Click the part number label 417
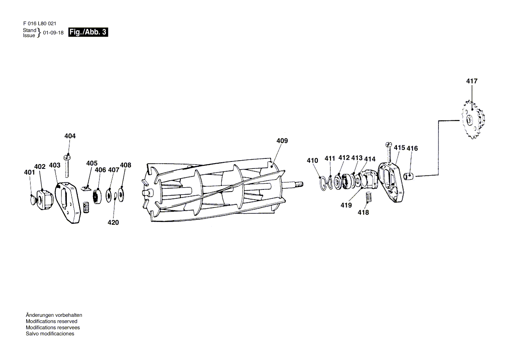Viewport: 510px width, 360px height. [x=472, y=81]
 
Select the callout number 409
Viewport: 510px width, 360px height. [x=282, y=141]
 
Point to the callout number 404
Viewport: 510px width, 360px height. [x=70, y=136]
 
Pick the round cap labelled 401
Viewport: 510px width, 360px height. [x=33, y=200]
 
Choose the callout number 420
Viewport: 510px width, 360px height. [x=113, y=223]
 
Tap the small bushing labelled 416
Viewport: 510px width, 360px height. [x=410, y=177]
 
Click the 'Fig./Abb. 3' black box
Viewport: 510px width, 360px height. [x=88, y=32]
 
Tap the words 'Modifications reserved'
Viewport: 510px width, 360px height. [x=52, y=321]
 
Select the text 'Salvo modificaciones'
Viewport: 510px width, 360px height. [x=50, y=333]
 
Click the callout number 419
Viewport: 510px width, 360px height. [x=346, y=205]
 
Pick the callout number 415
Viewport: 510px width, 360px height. [x=400, y=148]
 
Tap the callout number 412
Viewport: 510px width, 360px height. [x=344, y=158]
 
